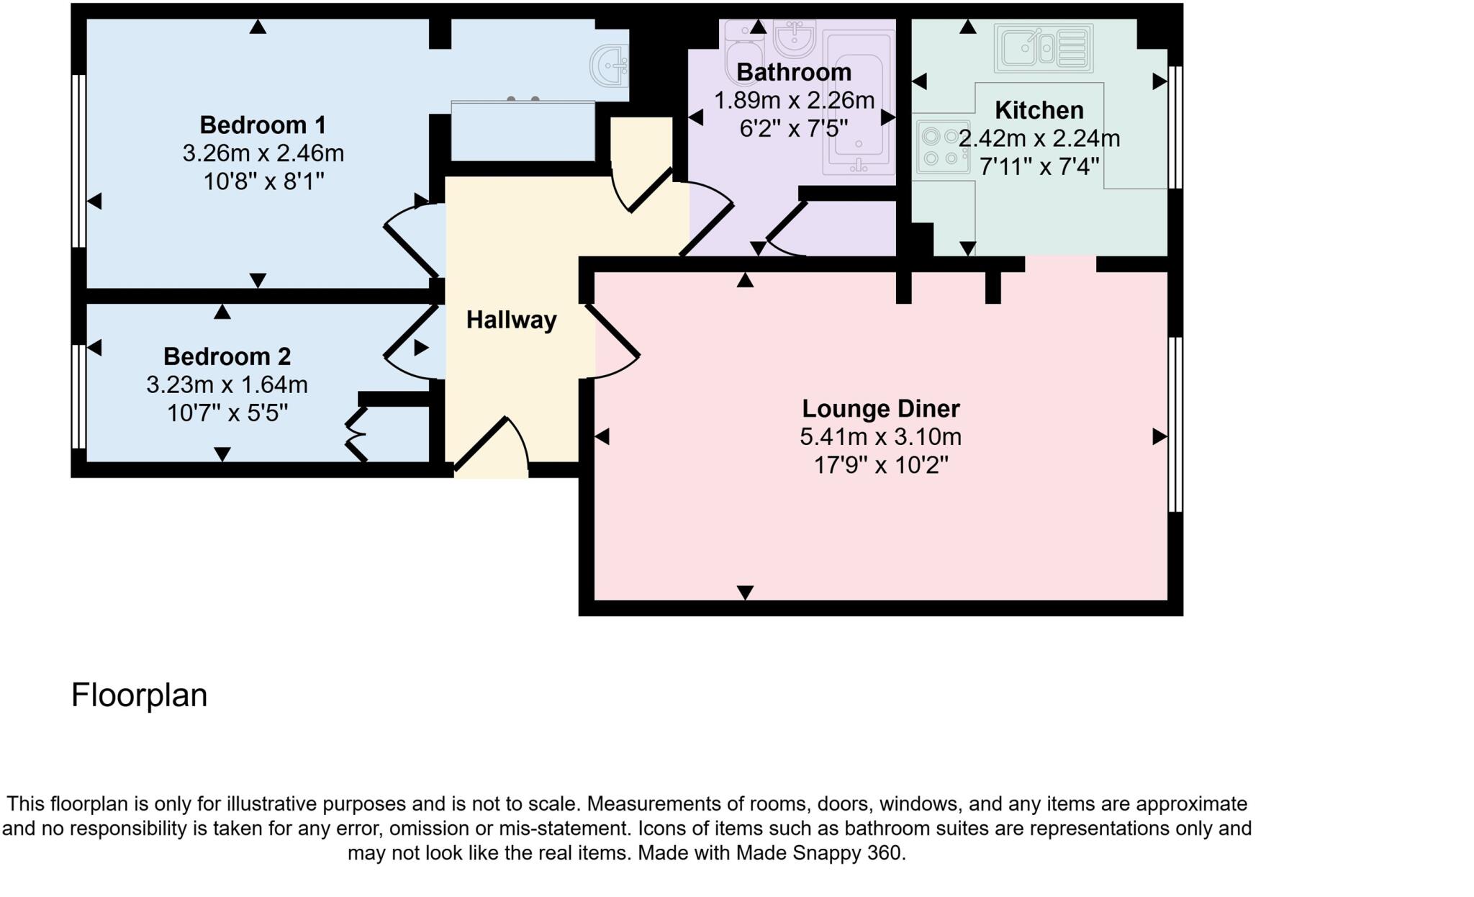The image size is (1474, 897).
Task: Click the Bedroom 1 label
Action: click(x=263, y=125)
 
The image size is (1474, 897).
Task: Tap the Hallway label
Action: click(x=511, y=320)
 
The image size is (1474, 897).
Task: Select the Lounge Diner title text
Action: click(x=880, y=408)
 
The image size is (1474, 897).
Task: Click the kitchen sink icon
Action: click(x=1043, y=48)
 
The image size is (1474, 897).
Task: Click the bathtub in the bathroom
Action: click(x=859, y=104)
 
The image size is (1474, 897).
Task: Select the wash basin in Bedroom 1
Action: click(x=609, y=66)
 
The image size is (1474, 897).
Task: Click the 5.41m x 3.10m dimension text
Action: click(x=880, y=437)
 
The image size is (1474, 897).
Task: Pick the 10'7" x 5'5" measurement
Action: click(x=227, y=413)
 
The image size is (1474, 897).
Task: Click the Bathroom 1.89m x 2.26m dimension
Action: click(x=794, y=100)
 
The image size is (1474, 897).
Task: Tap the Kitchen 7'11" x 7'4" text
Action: click(x=1039, y=167)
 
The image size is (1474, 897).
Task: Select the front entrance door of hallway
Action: click(x=489, y=446)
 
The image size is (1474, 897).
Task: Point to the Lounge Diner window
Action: click(x=1175, y=425)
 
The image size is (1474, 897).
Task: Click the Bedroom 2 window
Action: click(x=78, y=397)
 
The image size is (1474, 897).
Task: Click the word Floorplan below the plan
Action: click(x=139, y=695)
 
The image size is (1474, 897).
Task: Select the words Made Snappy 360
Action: click(x=818, y=853)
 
